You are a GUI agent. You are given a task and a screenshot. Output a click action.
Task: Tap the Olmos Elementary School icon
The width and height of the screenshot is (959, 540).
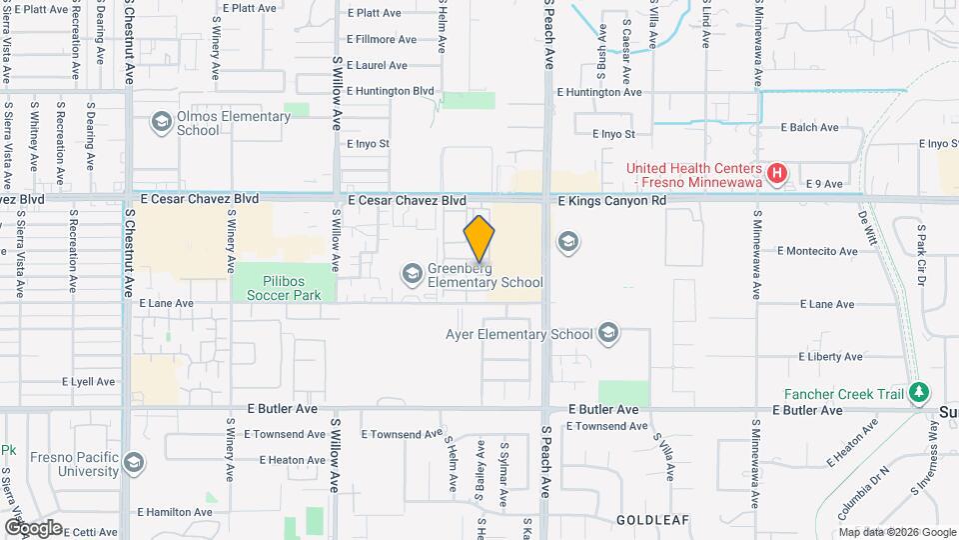(x=160, y=122)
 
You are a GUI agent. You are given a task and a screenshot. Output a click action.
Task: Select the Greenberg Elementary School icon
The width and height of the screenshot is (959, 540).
(x=412, y=273)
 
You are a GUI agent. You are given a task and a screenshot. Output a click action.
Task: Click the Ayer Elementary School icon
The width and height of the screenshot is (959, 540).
(x=607, y=334)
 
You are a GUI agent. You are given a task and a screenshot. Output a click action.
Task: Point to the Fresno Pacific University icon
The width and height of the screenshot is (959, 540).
(x=133, y=463)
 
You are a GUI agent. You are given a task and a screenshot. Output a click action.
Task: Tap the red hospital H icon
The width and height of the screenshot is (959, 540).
(x=775, y=174)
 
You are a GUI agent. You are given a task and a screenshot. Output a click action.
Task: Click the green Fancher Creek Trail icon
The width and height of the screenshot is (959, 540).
(x=919, y=394)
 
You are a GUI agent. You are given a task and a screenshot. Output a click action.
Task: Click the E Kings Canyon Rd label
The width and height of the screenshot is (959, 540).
(x=611, y=201)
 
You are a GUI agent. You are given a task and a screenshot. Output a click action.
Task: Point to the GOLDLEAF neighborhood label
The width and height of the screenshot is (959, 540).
(x=647, y=521)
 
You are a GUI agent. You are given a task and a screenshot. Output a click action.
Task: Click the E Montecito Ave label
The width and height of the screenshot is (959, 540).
(x=817, y=251)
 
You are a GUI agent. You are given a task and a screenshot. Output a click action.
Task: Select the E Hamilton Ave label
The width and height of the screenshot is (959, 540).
(x=176, y=511)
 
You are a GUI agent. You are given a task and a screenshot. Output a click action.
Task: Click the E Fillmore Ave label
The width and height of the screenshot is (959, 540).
(x=382, y=39)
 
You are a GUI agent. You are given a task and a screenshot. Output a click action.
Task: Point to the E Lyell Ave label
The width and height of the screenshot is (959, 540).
(x=89, y=382)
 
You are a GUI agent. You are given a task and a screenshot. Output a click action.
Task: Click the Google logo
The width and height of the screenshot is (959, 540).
(x=33, y=527)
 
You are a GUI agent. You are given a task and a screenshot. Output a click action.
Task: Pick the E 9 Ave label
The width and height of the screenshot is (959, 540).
(x=812, y=184)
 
